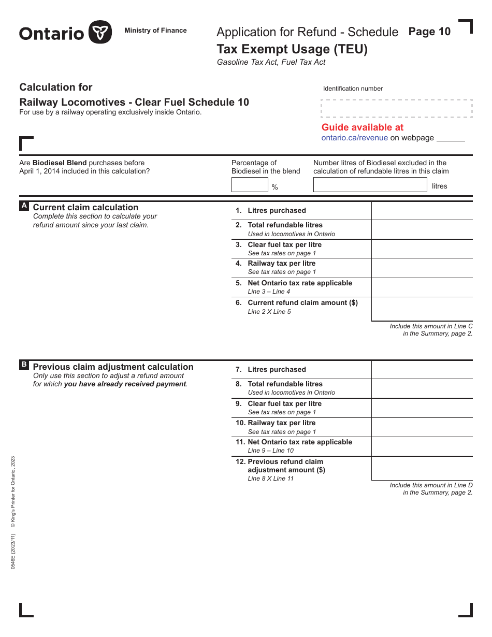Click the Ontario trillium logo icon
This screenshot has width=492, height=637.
100,32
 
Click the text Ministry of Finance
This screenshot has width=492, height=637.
155,31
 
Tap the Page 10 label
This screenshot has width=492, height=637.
429,32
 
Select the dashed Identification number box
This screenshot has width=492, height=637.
397,109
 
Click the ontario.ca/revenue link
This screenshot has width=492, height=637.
354,138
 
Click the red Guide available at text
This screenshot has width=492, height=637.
362,127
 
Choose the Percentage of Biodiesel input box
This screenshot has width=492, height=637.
249,185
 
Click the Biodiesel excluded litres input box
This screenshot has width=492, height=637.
370,185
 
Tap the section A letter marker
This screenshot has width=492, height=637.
24,206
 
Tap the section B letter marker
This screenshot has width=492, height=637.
24,365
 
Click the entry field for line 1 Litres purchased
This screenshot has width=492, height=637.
422,211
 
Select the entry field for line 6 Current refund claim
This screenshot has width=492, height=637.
422,309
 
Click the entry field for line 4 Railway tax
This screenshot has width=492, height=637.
422,268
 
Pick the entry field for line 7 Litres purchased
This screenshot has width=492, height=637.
422,370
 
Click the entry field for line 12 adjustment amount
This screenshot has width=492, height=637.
422,468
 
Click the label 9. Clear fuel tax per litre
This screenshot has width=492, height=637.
284,404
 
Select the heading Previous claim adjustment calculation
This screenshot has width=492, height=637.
113,367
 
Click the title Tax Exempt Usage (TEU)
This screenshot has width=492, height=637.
292,49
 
